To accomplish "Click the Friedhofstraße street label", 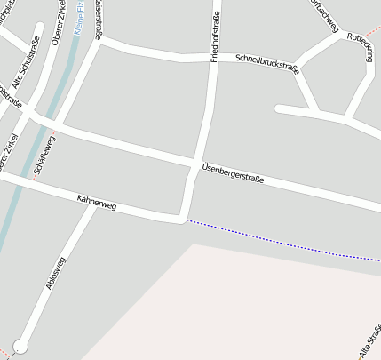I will click(x=215, y=36).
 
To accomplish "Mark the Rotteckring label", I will click(x=361, y=49).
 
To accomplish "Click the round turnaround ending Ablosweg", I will click(x=20, y=346).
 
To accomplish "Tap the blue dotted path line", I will click(x=284, y=240).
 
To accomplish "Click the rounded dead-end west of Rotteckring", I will click(x=280, y=109).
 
